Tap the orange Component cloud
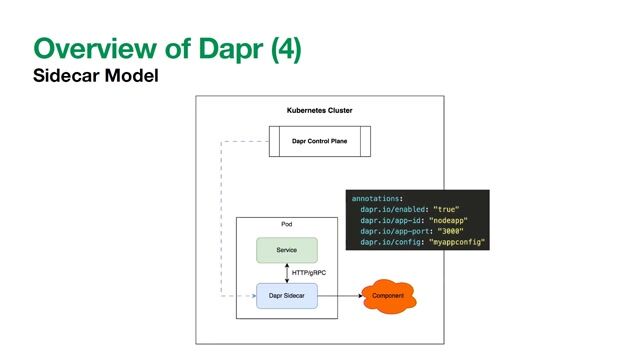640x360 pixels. (x=388, y=298)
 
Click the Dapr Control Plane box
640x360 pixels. (x=319, y=142)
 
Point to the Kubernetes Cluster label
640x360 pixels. (x=319, y=110)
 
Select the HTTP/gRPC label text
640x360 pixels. (x=312, y=273)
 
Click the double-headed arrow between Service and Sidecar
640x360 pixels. (x=287, y=273)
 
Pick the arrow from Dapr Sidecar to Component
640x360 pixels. (x=339, y=296)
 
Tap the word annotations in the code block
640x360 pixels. (x=379, y=198)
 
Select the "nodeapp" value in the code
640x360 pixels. (x=449, y=220)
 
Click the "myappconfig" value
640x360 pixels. (x=458, y=243)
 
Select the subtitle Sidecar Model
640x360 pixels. (x=96, y=76)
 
